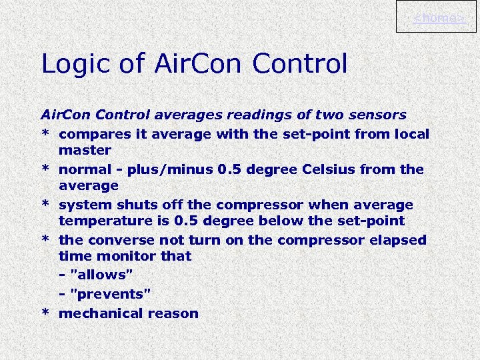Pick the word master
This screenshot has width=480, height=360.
(85, 151)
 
